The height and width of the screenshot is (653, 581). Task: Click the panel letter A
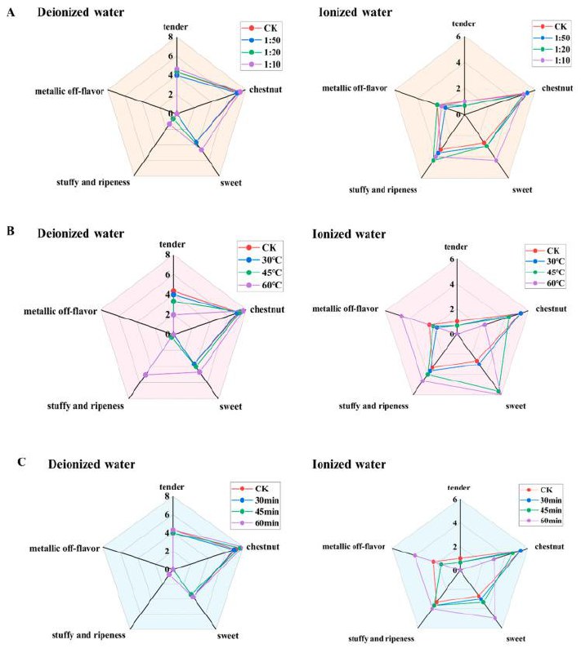(x=11, y=12)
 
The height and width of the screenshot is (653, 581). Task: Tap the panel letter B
(x=11, y=231)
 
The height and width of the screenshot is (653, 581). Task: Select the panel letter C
(x=22, y=462)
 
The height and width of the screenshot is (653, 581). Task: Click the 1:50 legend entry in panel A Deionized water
(x=261, y=40)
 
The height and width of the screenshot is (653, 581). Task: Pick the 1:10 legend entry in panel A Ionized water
(x=552, y=60)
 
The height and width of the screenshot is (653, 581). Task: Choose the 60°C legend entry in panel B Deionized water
(x=260, y=285)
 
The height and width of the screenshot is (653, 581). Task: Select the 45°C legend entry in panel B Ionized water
(x=546, y=273)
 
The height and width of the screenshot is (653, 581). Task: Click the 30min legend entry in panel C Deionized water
(x=256, y=500)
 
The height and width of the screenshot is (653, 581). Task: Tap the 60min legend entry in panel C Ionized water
(x=542, y=521)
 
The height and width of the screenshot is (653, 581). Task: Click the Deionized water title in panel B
(x=81, y=233)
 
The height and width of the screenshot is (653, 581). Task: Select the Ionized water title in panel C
(x=349, y=464)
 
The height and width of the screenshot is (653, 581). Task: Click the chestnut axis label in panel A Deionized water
(x=266, y=90)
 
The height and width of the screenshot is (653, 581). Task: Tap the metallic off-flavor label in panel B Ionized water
(x=345, y=309)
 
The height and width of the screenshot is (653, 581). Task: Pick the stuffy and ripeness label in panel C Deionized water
(x=88, y=635)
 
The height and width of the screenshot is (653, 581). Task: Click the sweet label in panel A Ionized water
(x=522, y=190)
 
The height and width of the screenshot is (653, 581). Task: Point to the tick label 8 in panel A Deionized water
(x=170, y=37)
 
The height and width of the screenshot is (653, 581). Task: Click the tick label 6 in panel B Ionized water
(x=452, y=259)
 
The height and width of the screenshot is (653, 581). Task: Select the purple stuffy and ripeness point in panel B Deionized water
(x=145, y=375)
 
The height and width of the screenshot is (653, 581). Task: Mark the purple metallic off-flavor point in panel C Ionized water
(x=414, y=555)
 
